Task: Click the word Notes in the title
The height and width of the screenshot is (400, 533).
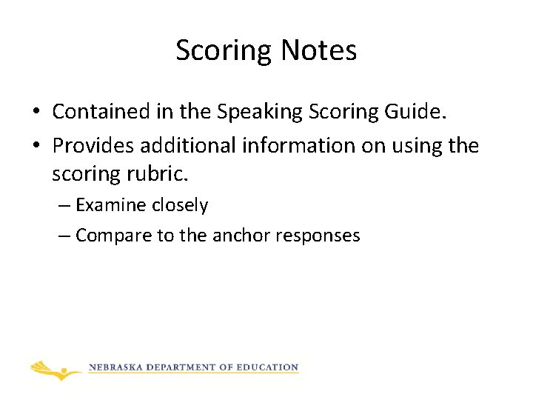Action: (319, 50)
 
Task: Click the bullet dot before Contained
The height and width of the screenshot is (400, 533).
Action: (35, 113)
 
